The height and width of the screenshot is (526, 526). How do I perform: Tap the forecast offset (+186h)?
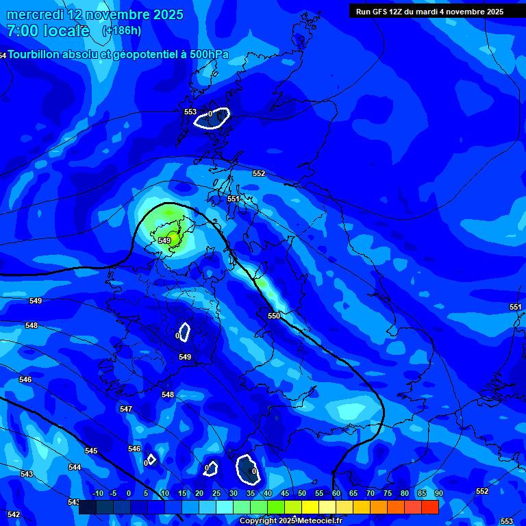tap(122, 30)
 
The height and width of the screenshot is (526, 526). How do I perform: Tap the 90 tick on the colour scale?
tap(438, 493)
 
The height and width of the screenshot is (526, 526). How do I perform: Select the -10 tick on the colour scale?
tap(97, 493)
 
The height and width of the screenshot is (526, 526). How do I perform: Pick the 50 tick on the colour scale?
tap(301, 493)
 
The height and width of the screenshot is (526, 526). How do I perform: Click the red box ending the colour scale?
tap(429, 507)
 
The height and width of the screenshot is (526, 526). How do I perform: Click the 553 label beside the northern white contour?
tap(190, 112)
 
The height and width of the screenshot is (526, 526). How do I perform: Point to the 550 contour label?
tap(274, 316)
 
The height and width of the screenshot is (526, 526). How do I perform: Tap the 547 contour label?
tap(125, 409)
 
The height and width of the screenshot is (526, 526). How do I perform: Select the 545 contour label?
tap(91, 451)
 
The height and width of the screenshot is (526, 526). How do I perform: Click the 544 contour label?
tap(75, 467)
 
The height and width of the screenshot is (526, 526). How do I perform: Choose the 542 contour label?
tap(14, 514)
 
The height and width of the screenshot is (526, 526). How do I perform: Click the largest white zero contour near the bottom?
tap(247, 469)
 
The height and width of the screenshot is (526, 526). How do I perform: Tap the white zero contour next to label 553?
tap(212, 118)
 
